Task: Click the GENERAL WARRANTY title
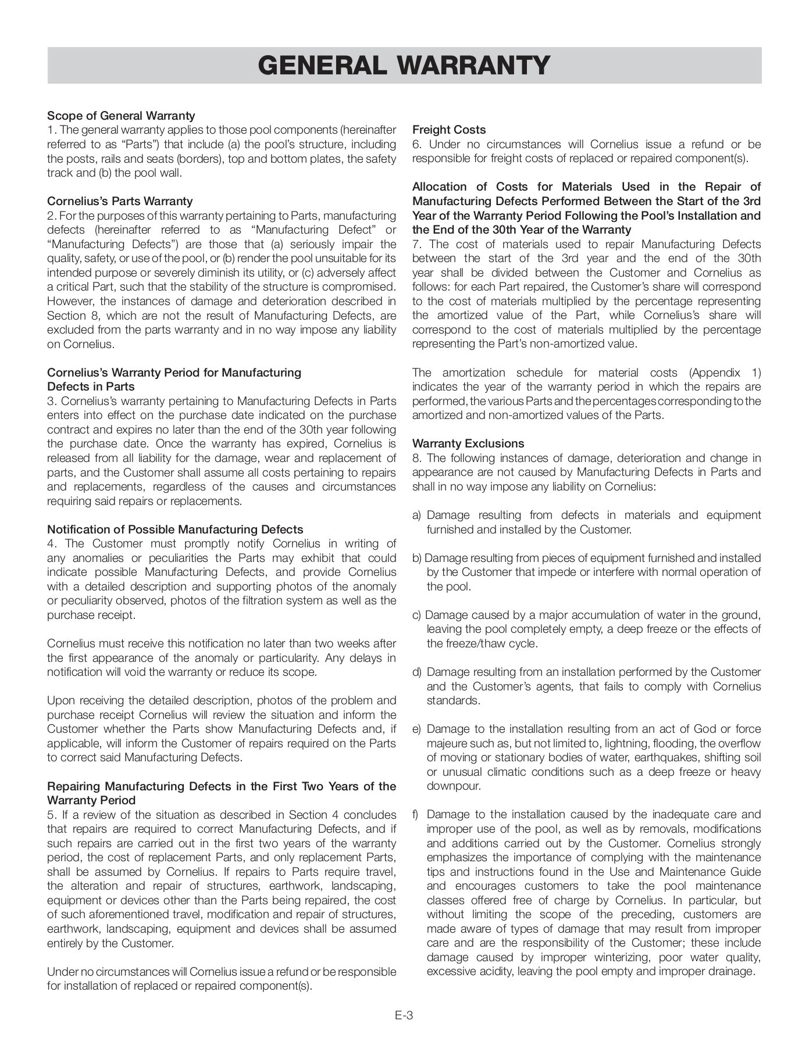(x=404, y=66)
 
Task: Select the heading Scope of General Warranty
(x=121, y=116)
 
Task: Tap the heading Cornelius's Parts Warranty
(x=119, y=201)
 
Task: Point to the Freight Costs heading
(x=448, y=130)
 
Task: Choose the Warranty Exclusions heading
(x=468, y=443)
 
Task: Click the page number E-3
(x=404, y=1015)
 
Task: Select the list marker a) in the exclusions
(x=416, y=515)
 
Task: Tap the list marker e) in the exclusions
(x=416, y=729)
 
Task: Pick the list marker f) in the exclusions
(x=415, y=814)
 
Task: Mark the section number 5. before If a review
(x=51, y=815)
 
